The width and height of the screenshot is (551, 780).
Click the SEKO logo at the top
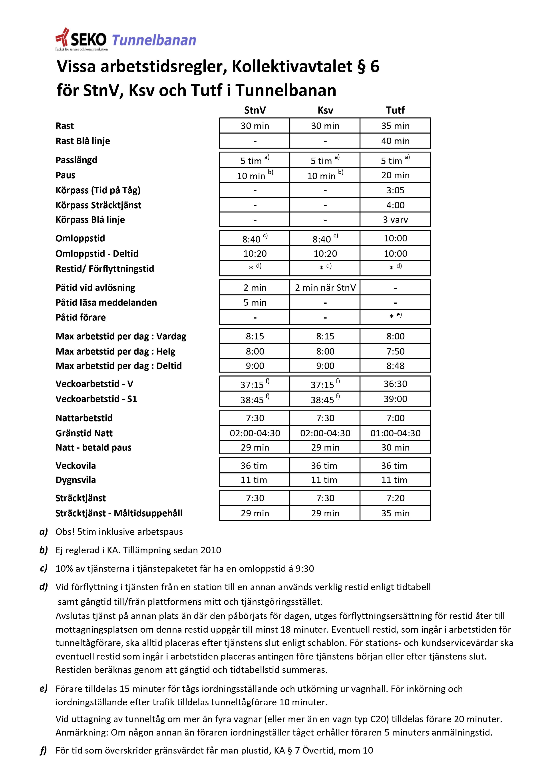pos(82,40)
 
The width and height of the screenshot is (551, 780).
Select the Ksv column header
pos(325,110)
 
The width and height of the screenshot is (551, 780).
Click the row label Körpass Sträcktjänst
pos(98,205)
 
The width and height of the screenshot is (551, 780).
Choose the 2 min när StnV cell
pos(325,288)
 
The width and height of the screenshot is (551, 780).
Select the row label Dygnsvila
pos(76,480)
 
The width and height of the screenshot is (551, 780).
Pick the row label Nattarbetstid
pos(84,418)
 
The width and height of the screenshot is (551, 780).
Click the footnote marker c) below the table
pos(44,568)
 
